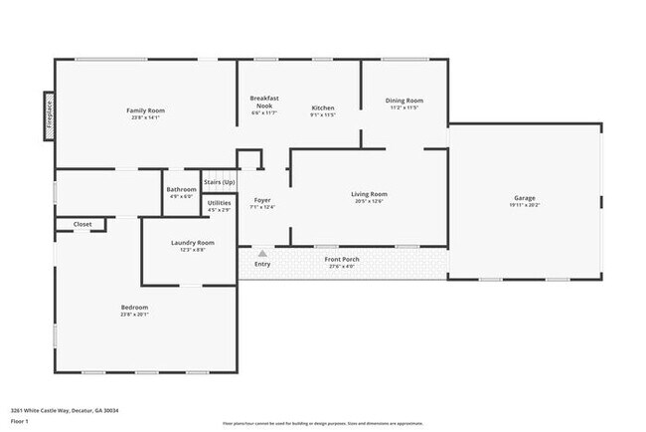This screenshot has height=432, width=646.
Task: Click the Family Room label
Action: [144, 109]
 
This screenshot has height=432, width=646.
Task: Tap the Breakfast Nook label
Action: [264, 101]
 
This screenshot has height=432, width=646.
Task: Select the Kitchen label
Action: [323, 108]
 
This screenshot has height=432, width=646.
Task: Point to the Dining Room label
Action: [404, 100]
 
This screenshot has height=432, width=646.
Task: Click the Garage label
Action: [524, 197]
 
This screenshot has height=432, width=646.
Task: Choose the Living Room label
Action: [369, 193]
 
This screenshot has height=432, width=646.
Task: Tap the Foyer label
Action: [262, 199]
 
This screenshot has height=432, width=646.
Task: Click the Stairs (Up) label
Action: [219, 182]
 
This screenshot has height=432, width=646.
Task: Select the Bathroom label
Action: [181, 189]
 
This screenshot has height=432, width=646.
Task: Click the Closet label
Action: [82, 224]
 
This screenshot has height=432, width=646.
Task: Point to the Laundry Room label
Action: [193, 242]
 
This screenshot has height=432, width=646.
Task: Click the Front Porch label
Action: [342, 259]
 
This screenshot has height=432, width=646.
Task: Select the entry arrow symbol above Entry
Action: [262, 253]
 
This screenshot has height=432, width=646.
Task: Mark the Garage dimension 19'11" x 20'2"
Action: [524, 206]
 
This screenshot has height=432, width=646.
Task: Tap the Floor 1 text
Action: [20, 421]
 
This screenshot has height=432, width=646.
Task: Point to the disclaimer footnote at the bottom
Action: [321, 423]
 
